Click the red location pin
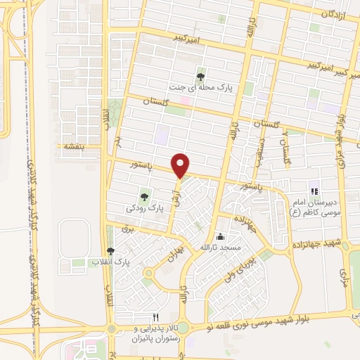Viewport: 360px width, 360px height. tap(181, 166)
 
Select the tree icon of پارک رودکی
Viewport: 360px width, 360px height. tap(143, 198)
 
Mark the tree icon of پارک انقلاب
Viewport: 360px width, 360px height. tap(110, 251)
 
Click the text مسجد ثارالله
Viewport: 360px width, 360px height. tap(221, 248)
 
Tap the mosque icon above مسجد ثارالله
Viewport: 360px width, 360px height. tap(221, 236)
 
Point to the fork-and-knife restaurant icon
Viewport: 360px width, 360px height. tap(157, 317)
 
